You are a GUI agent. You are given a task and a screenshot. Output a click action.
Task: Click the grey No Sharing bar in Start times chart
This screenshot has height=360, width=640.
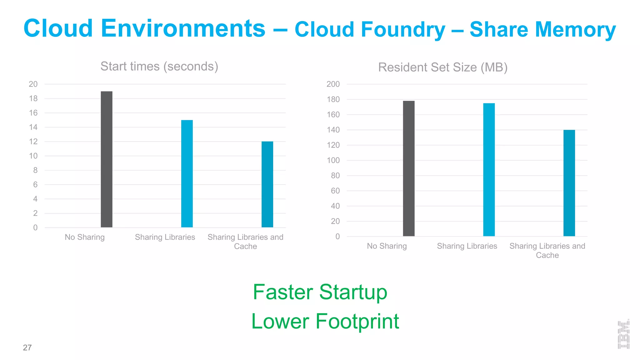coord(107,159)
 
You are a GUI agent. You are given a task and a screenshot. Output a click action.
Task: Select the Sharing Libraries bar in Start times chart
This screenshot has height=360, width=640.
coord(187,174)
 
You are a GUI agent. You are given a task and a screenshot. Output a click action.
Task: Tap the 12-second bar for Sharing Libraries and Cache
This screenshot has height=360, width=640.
coord(267,184)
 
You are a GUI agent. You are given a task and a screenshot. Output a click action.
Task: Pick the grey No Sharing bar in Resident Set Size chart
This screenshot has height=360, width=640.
coord(409,168)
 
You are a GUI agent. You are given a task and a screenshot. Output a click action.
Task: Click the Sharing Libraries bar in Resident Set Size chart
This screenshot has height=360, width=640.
coord(489,170)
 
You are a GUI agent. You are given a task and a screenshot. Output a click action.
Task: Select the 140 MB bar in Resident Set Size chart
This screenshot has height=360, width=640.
coord(569,183)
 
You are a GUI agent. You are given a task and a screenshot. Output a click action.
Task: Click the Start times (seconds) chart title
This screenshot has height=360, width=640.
coord(159,67)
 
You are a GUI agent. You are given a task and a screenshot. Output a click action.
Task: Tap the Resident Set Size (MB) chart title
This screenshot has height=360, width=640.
coord(442,67)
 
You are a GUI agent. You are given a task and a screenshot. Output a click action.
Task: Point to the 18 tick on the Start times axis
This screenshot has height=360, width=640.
coord(33,99)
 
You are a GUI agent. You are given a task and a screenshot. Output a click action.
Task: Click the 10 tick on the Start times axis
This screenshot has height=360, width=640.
coord(33,156)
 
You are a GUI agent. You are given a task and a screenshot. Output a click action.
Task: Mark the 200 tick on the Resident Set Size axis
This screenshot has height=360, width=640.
coord(333,84)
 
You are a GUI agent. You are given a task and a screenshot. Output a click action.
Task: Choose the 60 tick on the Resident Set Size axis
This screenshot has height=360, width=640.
coord(335,191)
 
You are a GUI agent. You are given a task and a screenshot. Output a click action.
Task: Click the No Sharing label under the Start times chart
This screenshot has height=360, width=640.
coord(85,237)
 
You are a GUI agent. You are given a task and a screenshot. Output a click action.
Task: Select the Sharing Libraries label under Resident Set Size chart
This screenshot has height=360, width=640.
coord(467,246)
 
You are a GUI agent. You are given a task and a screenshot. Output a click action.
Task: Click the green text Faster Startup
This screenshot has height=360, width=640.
coord(320,292)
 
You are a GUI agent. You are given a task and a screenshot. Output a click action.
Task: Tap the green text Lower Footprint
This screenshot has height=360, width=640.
coord(325,321)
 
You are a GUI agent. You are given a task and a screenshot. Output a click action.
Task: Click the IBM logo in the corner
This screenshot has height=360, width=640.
coord(623,334)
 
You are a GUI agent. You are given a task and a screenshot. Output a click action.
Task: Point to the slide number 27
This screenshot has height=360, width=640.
coord(27,347)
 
